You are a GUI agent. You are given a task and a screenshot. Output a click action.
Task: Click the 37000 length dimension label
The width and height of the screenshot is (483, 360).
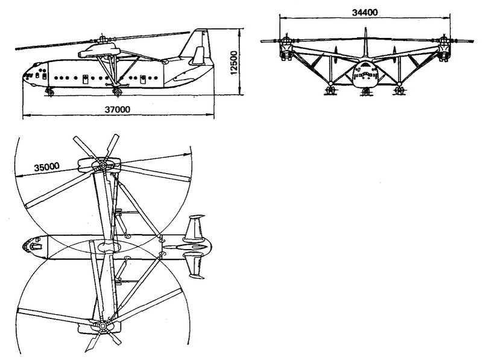click(x=118, y=109)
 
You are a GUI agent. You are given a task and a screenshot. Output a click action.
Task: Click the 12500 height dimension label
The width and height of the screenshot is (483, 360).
click(x=234, y=63)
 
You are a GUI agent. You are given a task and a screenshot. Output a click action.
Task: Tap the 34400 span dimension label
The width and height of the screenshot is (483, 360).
click(x=365, y=12)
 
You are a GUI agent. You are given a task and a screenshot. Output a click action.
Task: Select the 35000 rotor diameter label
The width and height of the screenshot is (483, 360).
click(x=47, y=167)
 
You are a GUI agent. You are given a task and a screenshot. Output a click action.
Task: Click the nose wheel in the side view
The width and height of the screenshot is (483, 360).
click(x=49, y=92)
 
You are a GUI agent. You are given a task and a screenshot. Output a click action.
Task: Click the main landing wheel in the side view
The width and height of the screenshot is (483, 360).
click(x=118, y=92)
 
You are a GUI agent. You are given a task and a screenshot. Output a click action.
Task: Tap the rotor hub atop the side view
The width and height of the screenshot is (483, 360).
click(x=102, y=39)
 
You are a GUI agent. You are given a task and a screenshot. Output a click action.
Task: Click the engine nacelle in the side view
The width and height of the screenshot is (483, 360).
click(x=98, y=50)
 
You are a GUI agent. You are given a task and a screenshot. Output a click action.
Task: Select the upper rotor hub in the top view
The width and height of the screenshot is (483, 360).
click(x=103, y=166)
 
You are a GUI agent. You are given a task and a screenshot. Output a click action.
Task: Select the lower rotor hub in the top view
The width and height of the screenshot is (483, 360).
click(x=102, y=326)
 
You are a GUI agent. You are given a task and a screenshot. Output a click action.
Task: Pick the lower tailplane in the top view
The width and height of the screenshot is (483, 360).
click(x=194, y=265)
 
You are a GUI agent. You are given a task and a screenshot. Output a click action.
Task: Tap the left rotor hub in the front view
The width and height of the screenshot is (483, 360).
click(x=286, y=41)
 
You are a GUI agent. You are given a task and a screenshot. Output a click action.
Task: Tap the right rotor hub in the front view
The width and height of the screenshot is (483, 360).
click(x=444, y=41)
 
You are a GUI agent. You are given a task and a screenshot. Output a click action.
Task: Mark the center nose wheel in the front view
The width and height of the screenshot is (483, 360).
click(x=365, y=92)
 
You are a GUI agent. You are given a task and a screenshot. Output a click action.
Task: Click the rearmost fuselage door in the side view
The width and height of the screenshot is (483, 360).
click(x=143, y=80)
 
